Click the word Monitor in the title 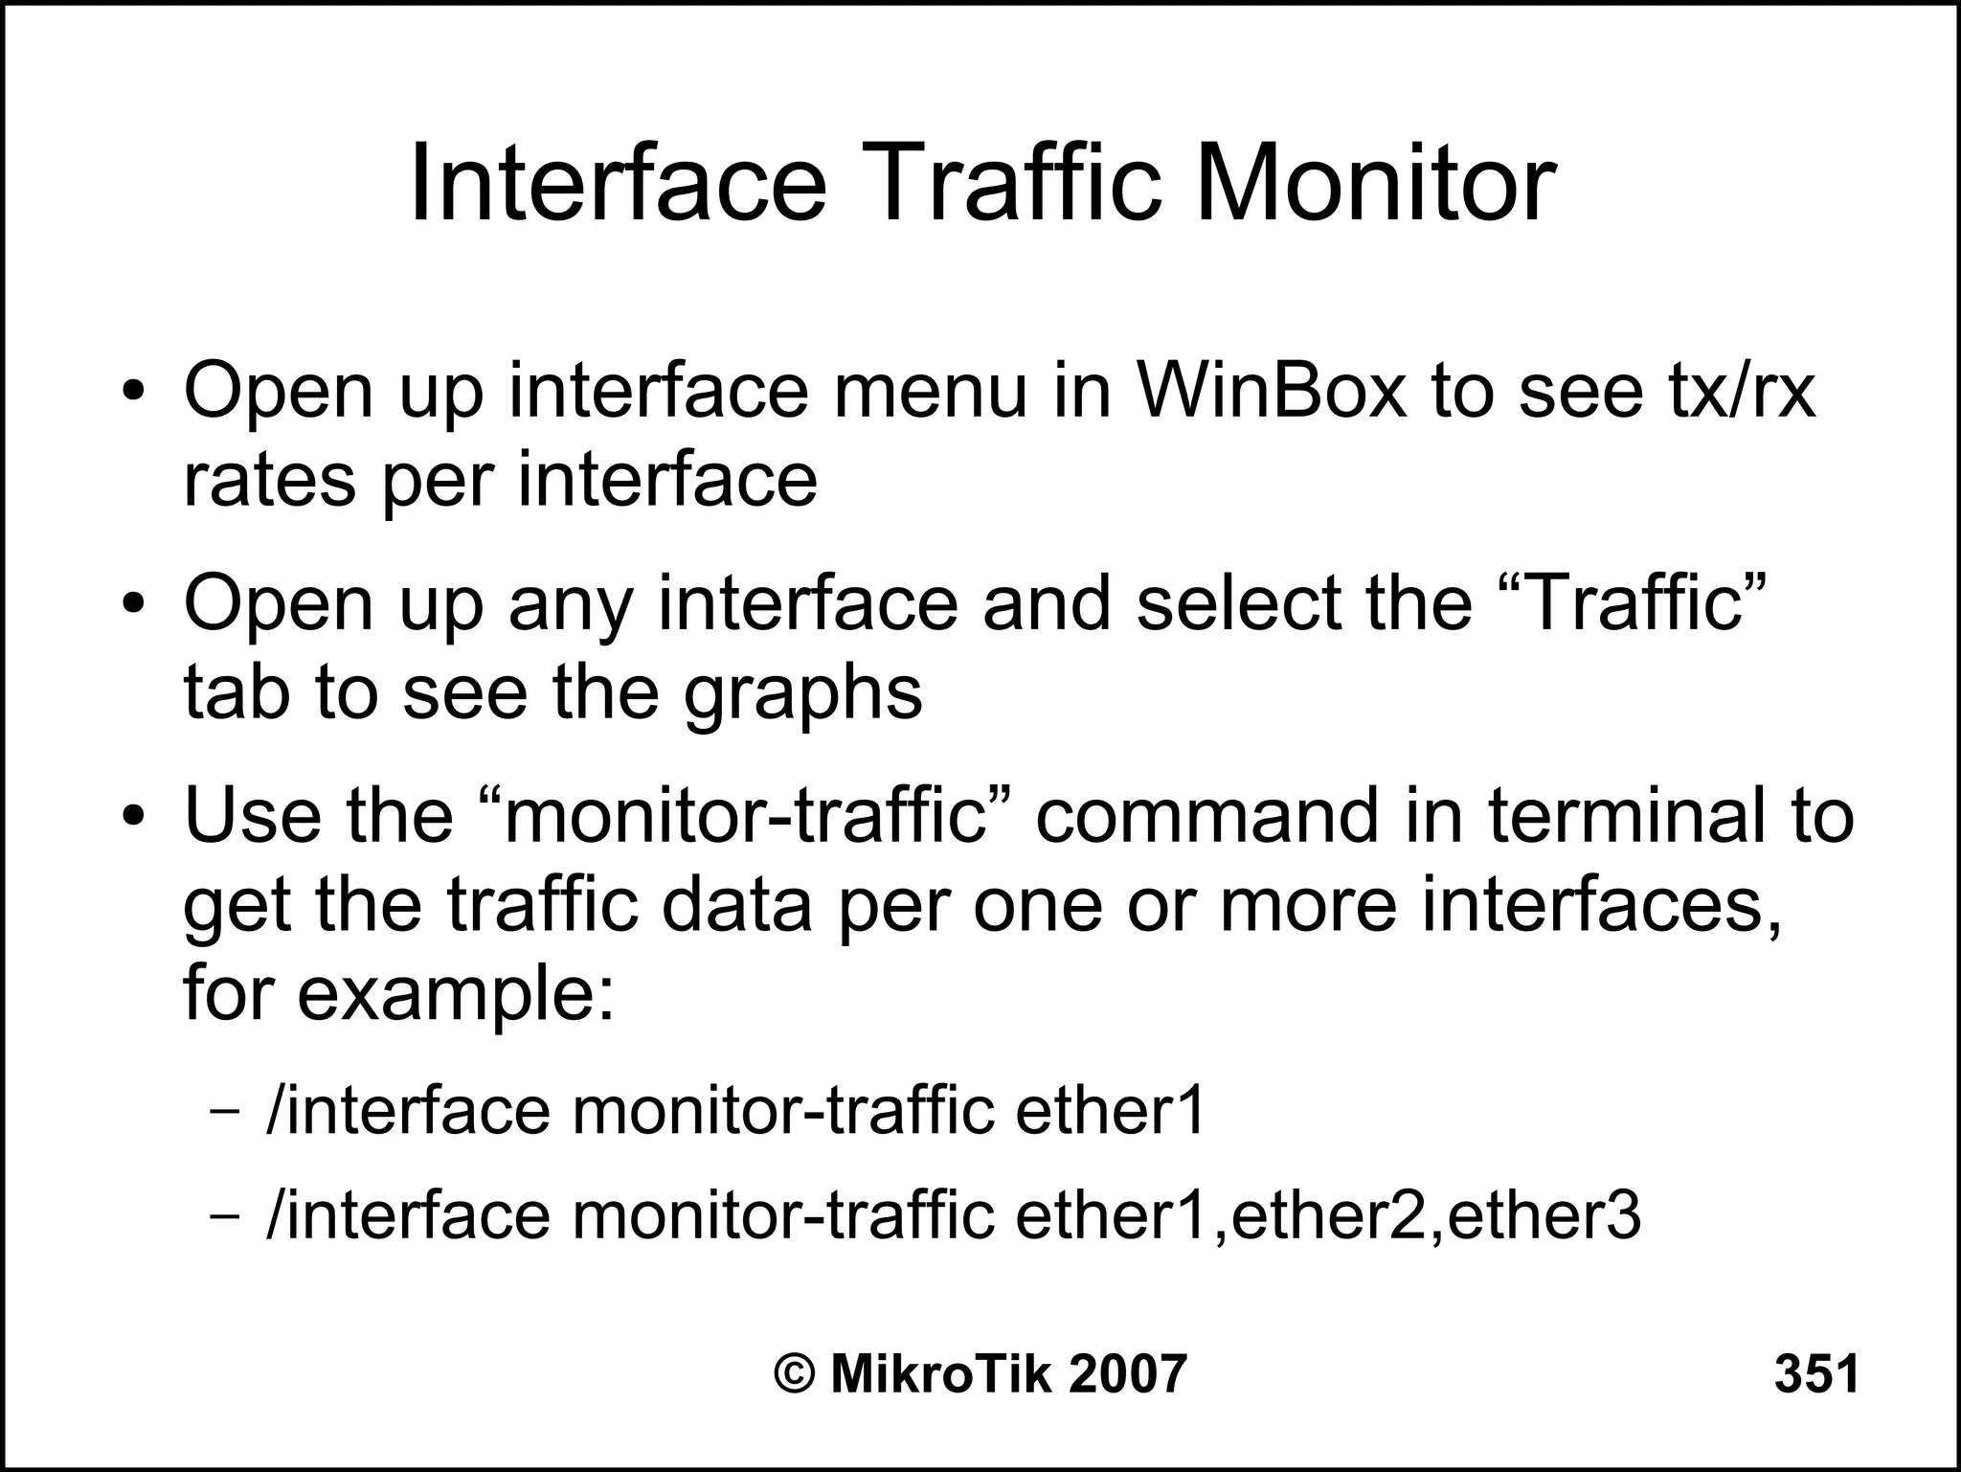pos(1375,181)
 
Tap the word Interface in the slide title pos(618,181)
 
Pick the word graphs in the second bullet pos(802,693)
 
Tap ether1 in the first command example pos(1109,1111)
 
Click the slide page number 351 pos(1816,1374)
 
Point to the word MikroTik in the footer pos(941,1374)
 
